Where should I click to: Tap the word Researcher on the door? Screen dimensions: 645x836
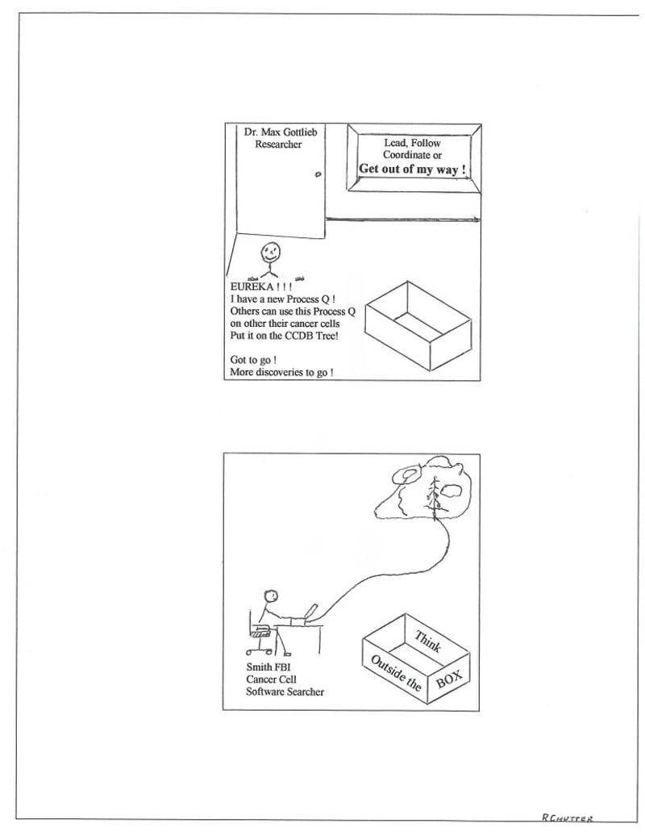coord(278,144)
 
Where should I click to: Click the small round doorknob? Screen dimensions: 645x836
coord(317,174)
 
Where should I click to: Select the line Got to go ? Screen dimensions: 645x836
coord(254,360)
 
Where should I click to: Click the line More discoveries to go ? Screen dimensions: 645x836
coord(281,373)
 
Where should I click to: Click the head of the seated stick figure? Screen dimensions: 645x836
coord(273,596)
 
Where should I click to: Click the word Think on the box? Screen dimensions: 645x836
coord(427,642)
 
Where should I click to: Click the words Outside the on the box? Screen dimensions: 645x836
coord(396,673)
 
